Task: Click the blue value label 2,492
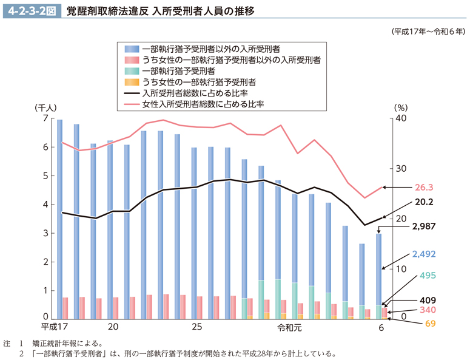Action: (x=423, y=254)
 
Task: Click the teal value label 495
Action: (x=427, y=275)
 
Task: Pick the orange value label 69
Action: (x=430, y=323)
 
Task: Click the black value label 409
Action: (x=427, y=300)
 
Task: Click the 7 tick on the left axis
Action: (x=45, y=119)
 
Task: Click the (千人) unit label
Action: (x=46, y=107)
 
